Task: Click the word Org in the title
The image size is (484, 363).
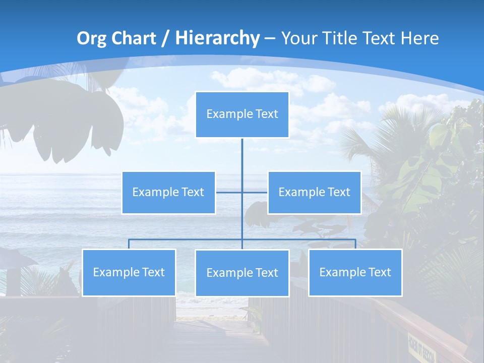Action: (91, 38)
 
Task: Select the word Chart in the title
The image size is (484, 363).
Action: (133, 38)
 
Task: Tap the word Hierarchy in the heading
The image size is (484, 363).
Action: (217, 38)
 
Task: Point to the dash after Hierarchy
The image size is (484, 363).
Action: (270, 39)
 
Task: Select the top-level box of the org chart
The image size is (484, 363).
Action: (242, 114)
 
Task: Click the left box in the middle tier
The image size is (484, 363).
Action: (168, 193)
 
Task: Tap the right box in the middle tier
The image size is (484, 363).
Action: (314, 193)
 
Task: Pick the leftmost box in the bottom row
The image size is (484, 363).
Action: (129, 273)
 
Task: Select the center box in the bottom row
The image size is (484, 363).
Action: (242, 273)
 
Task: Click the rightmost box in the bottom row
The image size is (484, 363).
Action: (355, 273)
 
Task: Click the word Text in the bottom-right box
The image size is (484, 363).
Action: (379, 272)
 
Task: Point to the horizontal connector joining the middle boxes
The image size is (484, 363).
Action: (229, 192)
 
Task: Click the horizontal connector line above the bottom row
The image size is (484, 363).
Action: (187, 239)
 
